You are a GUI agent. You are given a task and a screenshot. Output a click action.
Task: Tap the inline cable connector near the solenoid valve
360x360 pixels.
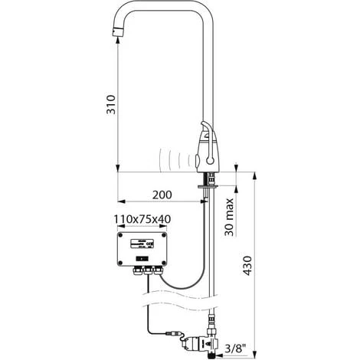point(175,333)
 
